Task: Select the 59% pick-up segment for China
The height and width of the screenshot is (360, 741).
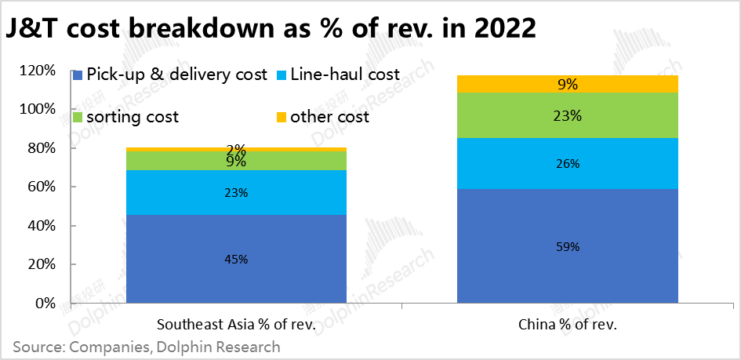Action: coord(568,246)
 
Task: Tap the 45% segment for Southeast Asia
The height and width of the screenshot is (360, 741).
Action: coord(236,259)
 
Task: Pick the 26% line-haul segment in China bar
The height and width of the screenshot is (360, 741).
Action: coord(568,164)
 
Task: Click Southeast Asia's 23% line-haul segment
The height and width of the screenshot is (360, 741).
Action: coord(236,193)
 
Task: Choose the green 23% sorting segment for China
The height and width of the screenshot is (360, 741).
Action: coord(568,116)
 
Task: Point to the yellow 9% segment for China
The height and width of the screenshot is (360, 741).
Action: coord(568,83)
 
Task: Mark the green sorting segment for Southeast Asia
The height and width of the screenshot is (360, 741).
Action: coord(236,161)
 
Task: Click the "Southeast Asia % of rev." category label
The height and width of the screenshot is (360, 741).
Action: coord(236,324)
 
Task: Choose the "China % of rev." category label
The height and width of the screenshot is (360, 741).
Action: coord(568,324)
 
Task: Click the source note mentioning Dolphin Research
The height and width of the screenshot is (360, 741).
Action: coord(146,346)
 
